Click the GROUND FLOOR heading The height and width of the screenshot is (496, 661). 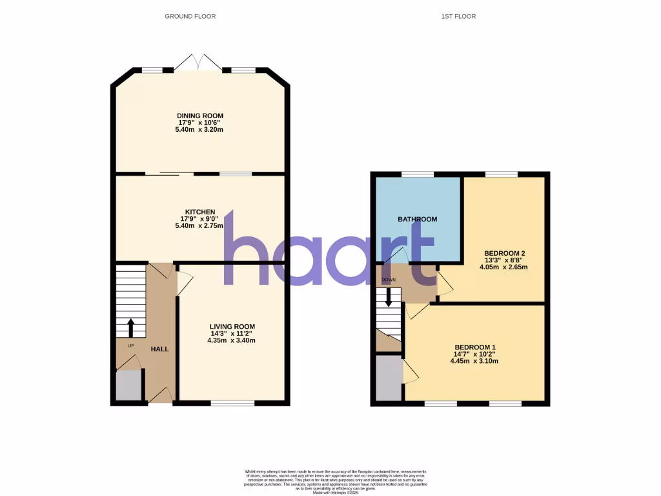click(190, 16)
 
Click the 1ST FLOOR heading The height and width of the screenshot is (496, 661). click(460, 16)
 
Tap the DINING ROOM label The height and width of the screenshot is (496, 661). click(200, 116)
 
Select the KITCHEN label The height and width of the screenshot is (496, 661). click(200, 212)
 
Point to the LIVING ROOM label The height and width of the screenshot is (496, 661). click(232, 326)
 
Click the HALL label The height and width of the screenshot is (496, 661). click(159, 349)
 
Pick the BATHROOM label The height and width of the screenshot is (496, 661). click(417, 219)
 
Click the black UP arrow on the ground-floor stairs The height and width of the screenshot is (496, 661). click(131, 327)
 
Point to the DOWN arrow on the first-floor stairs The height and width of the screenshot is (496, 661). click(389, 296)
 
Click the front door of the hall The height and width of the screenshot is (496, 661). click(161, 396)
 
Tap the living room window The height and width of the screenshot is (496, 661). click(232, 403)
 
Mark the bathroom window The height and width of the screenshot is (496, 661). click(417, 174)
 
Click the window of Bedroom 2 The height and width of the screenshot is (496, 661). click(501, 174)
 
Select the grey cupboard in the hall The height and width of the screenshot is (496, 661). click(129, 386)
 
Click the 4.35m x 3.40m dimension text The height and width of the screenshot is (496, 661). click(232, 340)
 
